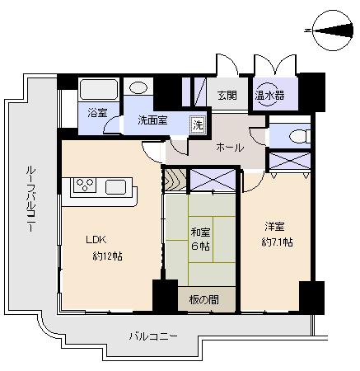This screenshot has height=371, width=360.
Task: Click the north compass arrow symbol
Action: (328, 31)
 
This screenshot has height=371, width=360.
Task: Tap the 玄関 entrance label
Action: (227, 95)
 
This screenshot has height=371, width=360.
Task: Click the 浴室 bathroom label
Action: (97, 113)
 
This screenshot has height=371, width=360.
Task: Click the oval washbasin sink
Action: (139, 87)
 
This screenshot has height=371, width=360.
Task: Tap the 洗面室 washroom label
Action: (152, 120)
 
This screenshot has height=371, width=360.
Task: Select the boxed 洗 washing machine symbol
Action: (197, 124)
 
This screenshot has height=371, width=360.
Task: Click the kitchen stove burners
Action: (84, 185)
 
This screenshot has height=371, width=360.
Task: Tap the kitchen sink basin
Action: (115, 186)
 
